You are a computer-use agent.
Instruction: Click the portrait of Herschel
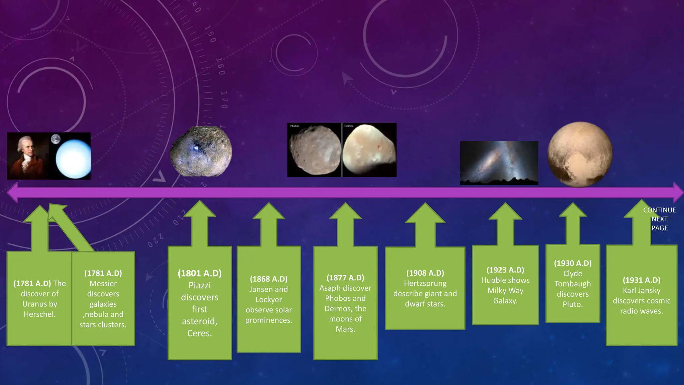pos(27,156)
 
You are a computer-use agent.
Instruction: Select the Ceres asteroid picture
pos(201,151)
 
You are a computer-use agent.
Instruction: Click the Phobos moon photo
pos(314,150)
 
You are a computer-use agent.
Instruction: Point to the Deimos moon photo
pos(369,150)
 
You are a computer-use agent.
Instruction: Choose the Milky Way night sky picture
pos(499,163)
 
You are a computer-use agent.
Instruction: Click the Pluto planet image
pos(580,154)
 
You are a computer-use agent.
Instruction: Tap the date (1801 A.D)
pos(199,273)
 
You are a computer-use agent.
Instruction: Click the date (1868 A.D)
pos(269,279)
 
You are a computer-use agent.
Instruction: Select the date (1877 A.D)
pos(345,278)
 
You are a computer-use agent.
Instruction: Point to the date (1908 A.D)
pos(425,273)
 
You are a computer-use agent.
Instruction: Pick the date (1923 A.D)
pos(505,270)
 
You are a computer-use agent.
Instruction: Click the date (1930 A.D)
pos(572,263)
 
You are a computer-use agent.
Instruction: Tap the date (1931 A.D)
pos(641,280)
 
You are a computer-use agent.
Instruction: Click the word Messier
pos(103,283)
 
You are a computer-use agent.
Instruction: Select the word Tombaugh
pos(572,284)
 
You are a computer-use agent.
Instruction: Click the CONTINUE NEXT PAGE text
pos(659,219)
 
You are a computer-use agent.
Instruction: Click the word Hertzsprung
pos(425,283)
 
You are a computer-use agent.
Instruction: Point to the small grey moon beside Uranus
pos(56,139)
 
